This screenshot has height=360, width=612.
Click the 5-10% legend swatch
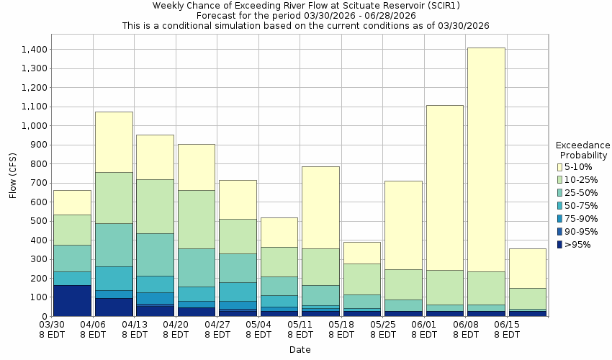[559, 167]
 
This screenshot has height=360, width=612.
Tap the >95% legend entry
[576, 245]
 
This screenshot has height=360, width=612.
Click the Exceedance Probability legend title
[582, 150]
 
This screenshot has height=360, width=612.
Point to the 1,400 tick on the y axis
[34, 50]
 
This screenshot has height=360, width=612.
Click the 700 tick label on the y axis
[39, 183]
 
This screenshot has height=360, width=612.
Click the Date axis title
[300, 350]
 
